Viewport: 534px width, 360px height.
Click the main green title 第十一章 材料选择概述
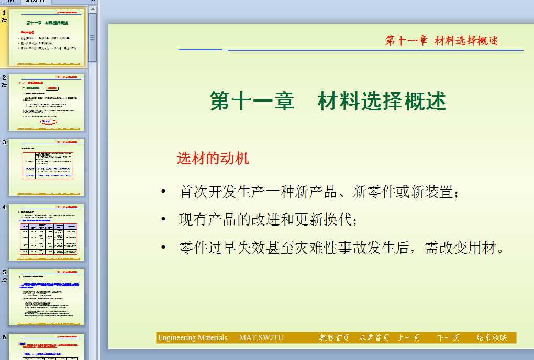tap(328, 101)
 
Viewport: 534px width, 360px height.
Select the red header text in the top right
tap(442, 41)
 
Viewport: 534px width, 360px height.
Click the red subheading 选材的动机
tap(213, 159)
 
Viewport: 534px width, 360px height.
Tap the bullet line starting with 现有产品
tap(268, 220)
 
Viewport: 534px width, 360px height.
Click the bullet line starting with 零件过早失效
tap(341, 248)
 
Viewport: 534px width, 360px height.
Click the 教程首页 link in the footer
tap(335, 338)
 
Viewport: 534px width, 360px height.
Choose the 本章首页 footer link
tap(374, 338)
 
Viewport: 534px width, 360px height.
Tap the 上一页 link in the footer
tap(409, 338)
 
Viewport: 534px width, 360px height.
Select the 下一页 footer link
tap(448, 338)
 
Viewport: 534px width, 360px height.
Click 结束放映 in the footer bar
tap(492, 338)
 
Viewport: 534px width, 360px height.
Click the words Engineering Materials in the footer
tap(193, 338)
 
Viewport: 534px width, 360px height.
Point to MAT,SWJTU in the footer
tap(261, 338)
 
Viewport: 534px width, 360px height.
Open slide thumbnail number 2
tap(47, 103)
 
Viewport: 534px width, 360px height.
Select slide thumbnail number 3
tap(47, 167)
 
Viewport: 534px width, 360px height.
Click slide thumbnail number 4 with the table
tap(47, 232)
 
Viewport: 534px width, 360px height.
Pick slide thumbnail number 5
tap(47, 297)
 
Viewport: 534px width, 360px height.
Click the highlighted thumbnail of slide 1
tap(47, 38)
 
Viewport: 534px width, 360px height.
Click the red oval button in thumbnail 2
tap(47, 122)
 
